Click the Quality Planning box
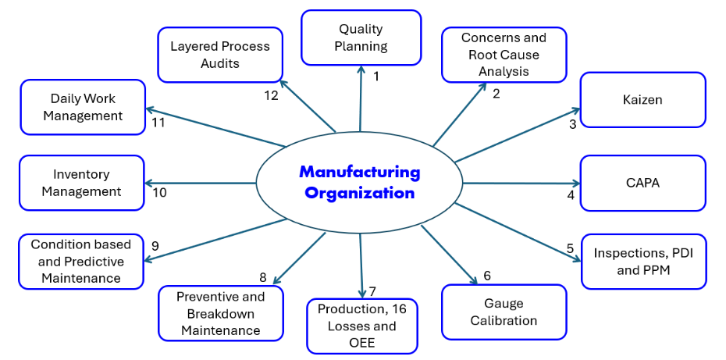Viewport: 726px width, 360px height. tap(361, 37)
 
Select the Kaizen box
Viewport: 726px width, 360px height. tap(642, 100)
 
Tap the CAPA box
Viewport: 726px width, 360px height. tap(642, 183)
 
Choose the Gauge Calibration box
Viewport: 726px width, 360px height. tap(504, 312)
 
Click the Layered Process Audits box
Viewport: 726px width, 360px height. tap(220, 55)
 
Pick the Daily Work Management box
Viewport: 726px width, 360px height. tap(83, 107)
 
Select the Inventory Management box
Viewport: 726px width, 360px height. tap(81, 183)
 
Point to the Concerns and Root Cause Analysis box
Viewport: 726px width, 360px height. tap(504, 55)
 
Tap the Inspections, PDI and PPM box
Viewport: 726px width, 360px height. tap(643, 262)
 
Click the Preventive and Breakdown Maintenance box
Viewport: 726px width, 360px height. tap(220, 313)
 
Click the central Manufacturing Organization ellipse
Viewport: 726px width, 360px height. tap(359, 182)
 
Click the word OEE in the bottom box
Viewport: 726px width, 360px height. tap(362, 342)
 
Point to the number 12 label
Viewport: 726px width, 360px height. tap(271, 95)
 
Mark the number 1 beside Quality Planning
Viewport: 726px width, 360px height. tap(376, 77)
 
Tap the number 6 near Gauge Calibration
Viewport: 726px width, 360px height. tap(487, 276)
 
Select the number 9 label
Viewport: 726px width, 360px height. tap(155, 246)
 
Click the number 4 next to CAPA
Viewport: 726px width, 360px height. tap(571, 195)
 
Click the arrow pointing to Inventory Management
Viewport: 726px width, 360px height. tap(200, 184)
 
